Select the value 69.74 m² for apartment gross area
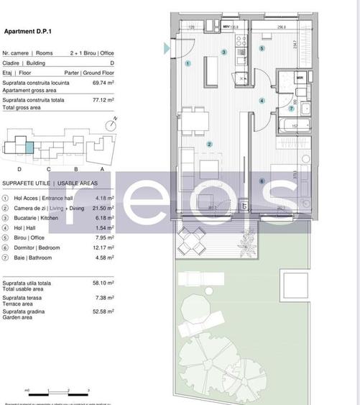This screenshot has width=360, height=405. click(104, 83)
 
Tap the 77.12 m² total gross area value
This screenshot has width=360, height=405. click(104, 100)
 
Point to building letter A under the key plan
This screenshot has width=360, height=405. click(101, 168)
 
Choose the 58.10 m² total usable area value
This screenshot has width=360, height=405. click(104, 283)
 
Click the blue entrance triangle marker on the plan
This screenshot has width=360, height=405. click(167, 48)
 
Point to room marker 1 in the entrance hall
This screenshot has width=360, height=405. click(188, 63)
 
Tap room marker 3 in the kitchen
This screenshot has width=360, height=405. click(223, 52)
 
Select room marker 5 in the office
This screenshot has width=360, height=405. click(262, 48)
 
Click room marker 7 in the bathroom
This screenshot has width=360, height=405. click(291, 109)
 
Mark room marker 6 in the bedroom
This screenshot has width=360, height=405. click(262, 181)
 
